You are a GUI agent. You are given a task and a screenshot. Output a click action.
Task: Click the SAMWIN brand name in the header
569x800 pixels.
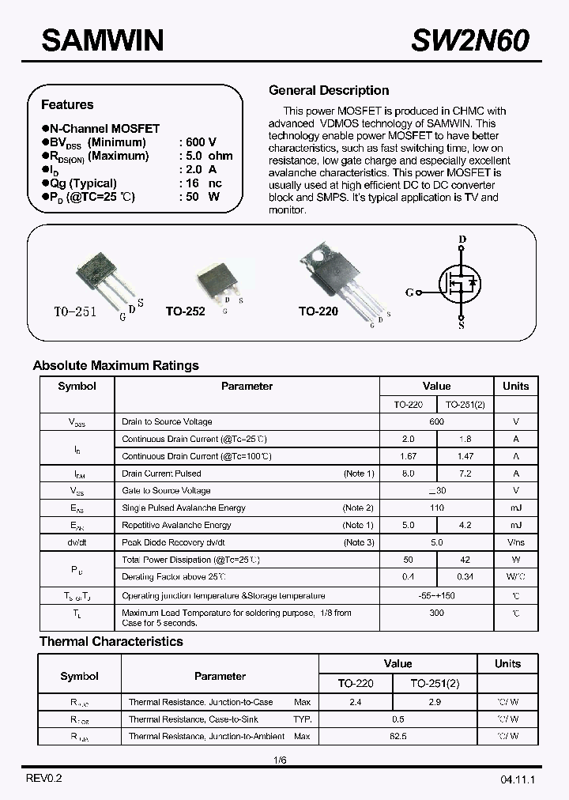pyautogui.click(x=102, y=39)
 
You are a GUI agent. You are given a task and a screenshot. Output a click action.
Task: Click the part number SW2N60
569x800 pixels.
pyautogui.click(x=470, y=40)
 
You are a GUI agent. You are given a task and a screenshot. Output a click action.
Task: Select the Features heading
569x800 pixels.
pyautogui.click(x=67, y=104)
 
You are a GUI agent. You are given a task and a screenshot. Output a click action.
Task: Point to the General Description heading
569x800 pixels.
pyautogui.click(x=329, y=90)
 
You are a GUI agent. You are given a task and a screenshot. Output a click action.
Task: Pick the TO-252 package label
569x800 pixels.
pyautogui.click(x=185, y=311)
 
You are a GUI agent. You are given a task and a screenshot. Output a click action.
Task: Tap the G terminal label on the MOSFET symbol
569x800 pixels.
pyautogui.click(x=409, y=292)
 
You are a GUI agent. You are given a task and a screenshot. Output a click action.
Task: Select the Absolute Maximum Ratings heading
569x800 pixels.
pyautogui.click(x=115, y=365)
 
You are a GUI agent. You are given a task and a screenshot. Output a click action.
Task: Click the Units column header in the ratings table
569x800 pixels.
pyautogui.click(x=515, y=386)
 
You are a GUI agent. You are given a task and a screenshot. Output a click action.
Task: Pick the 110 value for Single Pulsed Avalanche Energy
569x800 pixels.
pyautogui.click(x=436, y=508)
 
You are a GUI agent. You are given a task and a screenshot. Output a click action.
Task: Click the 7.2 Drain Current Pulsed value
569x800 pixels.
pyautogui.click(x=465, y=474)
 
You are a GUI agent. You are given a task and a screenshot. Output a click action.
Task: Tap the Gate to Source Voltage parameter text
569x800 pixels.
pyautogui.click(x=166, y=491)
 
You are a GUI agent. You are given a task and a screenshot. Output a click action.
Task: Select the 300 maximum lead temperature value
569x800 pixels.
pyautogui.click(x=436, y=613)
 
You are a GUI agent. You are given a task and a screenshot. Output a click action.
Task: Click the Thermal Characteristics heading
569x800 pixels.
pyautogui.click(x=111, y=641)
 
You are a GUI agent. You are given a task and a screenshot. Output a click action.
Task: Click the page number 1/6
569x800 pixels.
pyautogui.click(x=280, y=760)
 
